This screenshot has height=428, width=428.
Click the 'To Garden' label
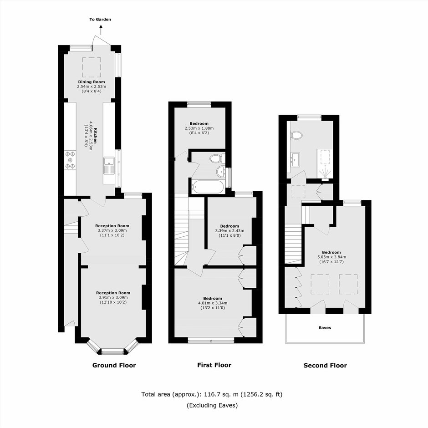[x=100, y=20]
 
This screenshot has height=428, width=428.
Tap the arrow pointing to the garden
[x=101, y=30]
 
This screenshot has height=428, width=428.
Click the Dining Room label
[x=92, y=82]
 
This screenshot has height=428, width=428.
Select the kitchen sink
[x=109, y=166]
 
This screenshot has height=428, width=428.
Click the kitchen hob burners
[x=70, y=160]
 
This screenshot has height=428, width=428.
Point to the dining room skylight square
[x=92, y=67]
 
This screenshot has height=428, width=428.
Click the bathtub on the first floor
[x=208, y=187]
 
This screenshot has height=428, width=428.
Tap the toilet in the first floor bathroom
[x=218, y=158]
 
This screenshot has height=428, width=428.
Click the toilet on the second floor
[x=297, y=135]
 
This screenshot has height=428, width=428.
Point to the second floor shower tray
[x=325, y=164]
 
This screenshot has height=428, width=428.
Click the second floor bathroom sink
[x=296, y=159]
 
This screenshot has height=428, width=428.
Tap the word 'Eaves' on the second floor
[x=325, y=327]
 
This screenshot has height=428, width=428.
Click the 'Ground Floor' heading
[x=114, y=365]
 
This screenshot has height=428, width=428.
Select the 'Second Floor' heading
[x=325, y=366]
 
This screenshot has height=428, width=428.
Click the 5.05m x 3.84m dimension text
[x=331, y=257]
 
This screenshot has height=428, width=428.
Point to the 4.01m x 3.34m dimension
[x=213, y=303]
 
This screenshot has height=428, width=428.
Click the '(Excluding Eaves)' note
[x=212, y=405]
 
